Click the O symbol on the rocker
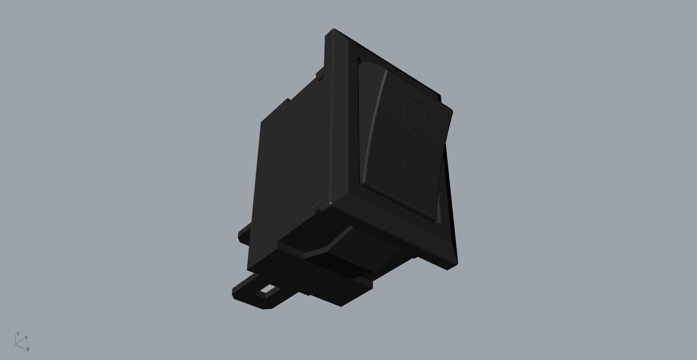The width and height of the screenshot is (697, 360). point(415,115)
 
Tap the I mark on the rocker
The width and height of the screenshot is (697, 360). point(404,171)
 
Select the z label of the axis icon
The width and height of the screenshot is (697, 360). point(18,333)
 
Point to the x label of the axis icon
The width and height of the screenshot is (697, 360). point(26,337)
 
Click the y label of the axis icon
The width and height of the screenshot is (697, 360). point(27,348)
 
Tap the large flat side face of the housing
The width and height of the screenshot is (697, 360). point(292,172)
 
